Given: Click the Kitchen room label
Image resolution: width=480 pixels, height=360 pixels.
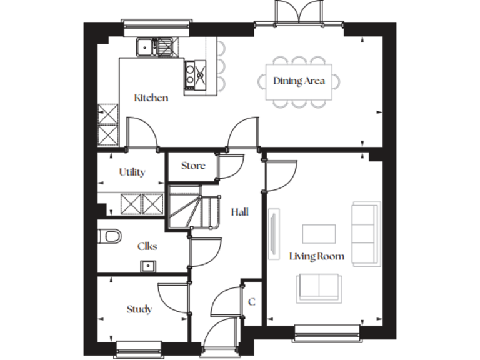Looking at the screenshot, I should (151, 97).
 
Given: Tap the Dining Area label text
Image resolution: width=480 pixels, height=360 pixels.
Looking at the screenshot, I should (299, 81).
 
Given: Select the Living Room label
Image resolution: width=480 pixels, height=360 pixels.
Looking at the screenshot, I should (317, 256).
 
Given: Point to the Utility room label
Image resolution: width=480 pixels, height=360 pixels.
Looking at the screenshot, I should (132, 172).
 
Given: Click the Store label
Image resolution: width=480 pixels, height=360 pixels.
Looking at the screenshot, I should (192, 166).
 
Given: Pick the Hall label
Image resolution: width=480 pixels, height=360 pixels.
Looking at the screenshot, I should (239, 212).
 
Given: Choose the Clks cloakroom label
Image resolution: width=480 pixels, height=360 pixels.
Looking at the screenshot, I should (147, 246).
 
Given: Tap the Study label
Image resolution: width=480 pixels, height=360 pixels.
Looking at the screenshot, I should (139, 309).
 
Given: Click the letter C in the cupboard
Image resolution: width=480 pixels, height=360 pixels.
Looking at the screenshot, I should (251, 302).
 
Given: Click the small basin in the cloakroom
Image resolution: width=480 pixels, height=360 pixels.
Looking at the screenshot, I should (149, 267).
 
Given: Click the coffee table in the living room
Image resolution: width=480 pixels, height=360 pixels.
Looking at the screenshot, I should (318, 233).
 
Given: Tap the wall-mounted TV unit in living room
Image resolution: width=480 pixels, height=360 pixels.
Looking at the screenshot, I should (273, 232).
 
